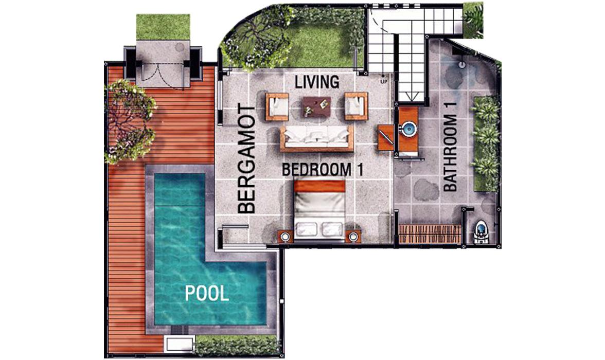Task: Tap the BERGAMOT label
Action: pyautogui.click(x=247, y=160)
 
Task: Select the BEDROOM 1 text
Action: pyautogui.click(x=323, y=170)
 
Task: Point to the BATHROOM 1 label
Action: pyautogui.click(x=450, y=154)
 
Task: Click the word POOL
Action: pyautogui.click(x=207, y=294)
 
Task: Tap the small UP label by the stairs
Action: pyautogui.click(x=384, y=81)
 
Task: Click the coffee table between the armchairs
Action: pyautogui.click(x=316, y=106)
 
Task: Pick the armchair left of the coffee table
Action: pyautogui.click(x=277, y=106)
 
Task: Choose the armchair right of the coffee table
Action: pyautogui.click(x=356, y=106)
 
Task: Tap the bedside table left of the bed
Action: pyautogui.click(x=284, y=236)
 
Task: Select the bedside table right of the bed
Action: pyautogui.click(x=353, y=236)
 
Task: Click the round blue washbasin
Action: pyautogui.click(x=409, y=129)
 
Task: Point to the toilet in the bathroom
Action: pyautogui.click(x=481, y=231)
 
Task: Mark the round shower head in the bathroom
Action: pyautogui.click(x=462, y=65)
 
